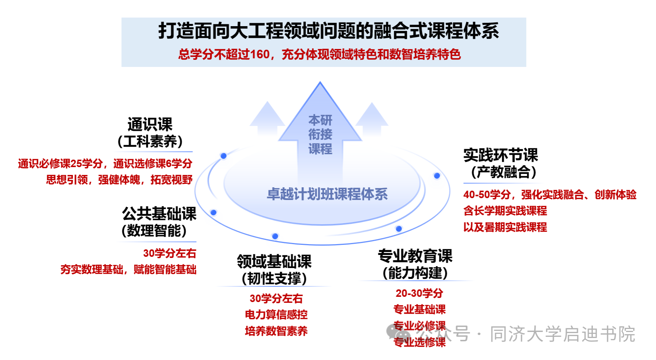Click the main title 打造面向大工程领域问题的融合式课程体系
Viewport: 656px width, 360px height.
point(328,31)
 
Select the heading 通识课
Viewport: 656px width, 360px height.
point(150,124)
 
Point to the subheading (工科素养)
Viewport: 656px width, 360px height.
point(150,141)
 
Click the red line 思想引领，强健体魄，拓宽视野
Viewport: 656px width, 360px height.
point(119,180)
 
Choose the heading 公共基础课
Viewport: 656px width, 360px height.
point(159,213)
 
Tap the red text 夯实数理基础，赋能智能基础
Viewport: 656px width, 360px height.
point(128,270)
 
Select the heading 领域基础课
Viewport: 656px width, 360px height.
point(274,261)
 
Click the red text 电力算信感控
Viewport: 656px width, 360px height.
point(276,315)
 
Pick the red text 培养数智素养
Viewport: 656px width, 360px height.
point(276,331)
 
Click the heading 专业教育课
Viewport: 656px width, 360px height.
point(415,256)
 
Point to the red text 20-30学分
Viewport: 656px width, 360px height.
point(419,293)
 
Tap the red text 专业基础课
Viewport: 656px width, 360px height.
point(419,310)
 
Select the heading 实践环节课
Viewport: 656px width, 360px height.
point(500,155)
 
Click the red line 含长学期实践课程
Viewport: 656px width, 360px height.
point(505,211)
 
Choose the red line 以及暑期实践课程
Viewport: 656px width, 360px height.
point(505,227)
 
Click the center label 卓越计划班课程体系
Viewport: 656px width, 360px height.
point(327,194)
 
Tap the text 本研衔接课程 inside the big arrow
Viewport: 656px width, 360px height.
point(320,135)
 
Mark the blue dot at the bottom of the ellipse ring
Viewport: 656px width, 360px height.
point(275,236)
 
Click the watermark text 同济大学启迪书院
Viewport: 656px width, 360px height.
point(562,334)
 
